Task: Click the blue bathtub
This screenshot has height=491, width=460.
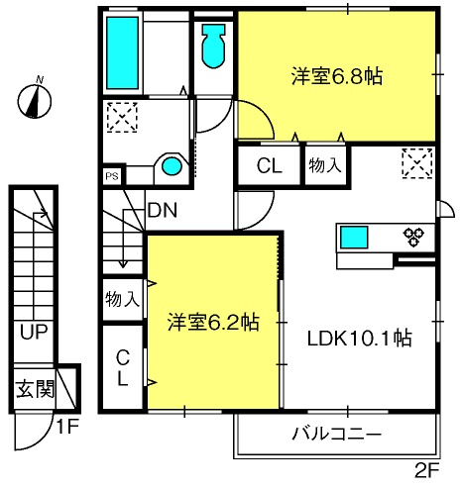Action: [x=122, y=52]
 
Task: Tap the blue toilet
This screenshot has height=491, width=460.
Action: [x=214, y=46]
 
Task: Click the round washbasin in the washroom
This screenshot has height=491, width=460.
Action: [x=172, y=166]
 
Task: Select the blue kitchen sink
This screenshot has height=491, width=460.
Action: [x=354, y=237]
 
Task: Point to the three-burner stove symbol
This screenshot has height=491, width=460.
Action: [x=413, y=237]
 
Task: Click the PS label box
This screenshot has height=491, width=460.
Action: [x=112, y=176]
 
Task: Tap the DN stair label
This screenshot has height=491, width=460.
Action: [x=163, y=210]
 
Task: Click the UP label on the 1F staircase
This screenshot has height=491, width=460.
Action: [x=34, y=332]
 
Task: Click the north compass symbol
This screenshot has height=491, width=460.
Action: [x=35, y=99]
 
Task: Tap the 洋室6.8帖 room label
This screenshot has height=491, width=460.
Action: [x=337, y=76]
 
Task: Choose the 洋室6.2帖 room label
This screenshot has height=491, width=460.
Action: [x=213, y=322]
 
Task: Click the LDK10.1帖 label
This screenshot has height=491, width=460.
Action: [x=360, y=338]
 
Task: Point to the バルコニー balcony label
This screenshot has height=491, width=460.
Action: [x=337, y=434]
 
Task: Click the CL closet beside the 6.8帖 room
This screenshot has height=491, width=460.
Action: [x=270, y=165]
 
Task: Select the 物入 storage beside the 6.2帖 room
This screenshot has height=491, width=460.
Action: [x=123, y=299]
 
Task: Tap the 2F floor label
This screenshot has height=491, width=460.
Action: [x=426, y=470]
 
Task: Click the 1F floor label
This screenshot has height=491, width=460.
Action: [x=67, y=427]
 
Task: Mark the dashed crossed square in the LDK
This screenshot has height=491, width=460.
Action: [x=417, y=163]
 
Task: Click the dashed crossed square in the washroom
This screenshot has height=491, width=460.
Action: [x=122, y=117]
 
